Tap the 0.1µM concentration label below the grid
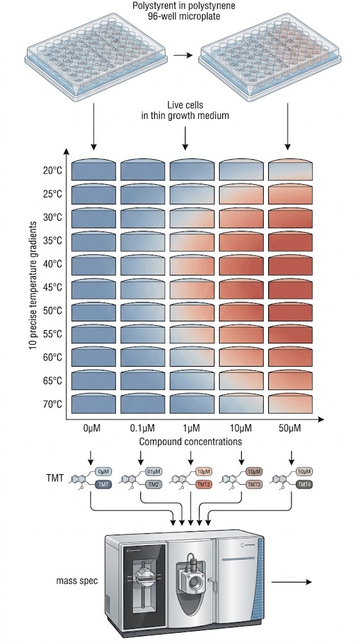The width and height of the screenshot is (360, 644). (x=142, y=428)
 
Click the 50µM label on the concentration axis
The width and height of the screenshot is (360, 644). (x=290, y=428)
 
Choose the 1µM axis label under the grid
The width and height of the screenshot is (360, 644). (x=191, y=428)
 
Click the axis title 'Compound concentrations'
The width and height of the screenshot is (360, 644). (x=191, y=441)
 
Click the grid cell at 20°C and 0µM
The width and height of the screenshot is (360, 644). (x=93, y=170)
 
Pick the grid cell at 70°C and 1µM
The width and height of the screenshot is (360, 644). (x=191, y=403)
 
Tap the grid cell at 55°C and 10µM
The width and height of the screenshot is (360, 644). (x=241, y=333)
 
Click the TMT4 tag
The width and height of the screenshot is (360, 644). (x=305, y=485)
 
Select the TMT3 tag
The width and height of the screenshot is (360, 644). (x=254, y=485)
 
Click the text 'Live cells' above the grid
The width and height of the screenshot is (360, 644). (x=185, y=104)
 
